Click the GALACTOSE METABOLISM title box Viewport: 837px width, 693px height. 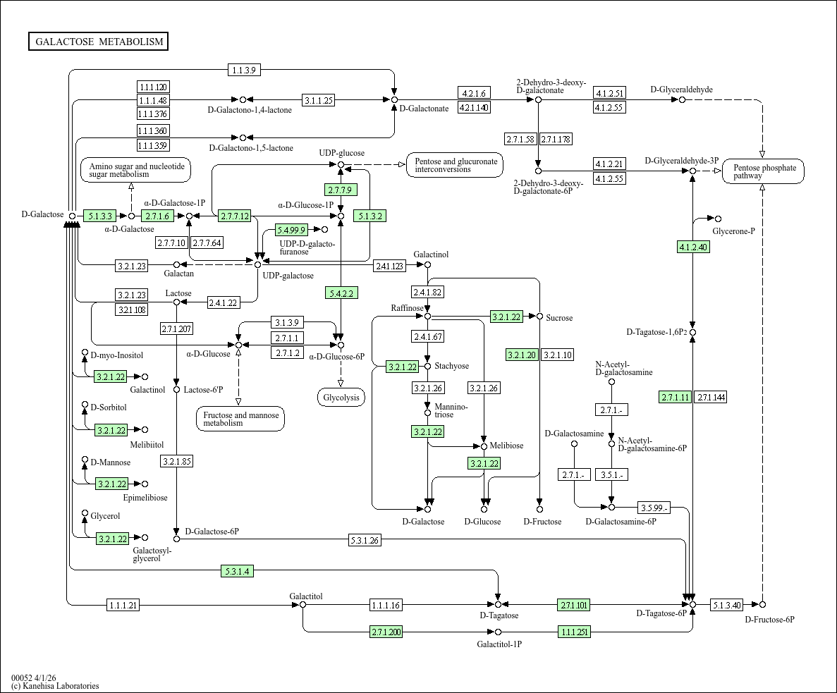pos(99,42)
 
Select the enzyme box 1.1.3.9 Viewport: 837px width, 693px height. pos(245,69)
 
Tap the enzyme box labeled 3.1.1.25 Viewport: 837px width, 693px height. pos(318,100)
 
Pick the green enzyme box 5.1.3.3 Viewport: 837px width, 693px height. pos(99,216)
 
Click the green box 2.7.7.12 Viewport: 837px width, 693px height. pos(235,216)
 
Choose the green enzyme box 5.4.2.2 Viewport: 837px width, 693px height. pos(341,293)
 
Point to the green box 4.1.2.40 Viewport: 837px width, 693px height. pos(693,247)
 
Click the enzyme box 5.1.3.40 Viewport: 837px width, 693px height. pos(726,605)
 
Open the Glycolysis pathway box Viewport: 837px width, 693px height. pos(341,398)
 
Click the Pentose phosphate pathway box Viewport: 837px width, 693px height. pos(764,171)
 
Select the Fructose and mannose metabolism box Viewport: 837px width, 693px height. pos(240,419)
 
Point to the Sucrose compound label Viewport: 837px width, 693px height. pos(559,318)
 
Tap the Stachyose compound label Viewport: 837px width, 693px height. pos(451,366)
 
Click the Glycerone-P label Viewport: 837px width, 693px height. pos(733,231)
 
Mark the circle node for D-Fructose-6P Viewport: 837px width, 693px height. pos(762,605)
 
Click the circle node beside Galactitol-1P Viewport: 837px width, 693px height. pos(498,632)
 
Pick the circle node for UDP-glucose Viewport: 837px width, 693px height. pos(341,165)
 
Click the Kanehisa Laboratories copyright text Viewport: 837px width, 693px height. pos(55,686)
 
